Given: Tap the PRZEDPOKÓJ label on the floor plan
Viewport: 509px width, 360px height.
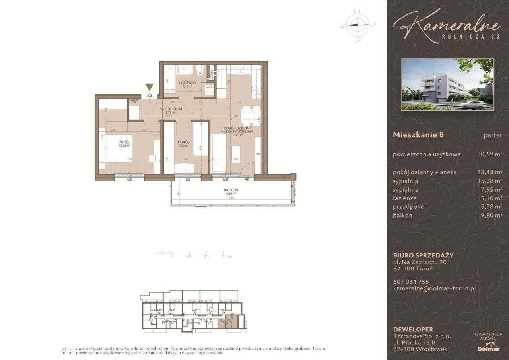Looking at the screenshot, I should [x=170, y=109].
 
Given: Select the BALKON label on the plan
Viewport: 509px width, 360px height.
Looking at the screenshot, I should [x=231, y=190].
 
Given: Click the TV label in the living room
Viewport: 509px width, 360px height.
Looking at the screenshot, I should [x=258, y=154].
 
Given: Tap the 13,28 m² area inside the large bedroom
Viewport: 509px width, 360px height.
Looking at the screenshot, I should [x=125, y=146].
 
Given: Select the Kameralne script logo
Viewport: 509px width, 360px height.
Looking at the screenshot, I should [x=446, y=25].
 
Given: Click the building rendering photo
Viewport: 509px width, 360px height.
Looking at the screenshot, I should [x=448, y=84].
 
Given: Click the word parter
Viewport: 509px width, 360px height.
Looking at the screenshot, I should [x=493, y=135].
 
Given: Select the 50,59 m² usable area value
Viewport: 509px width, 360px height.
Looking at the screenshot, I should [x=490, y=154].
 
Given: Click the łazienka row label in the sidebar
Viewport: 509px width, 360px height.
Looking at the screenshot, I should [x=404, y=198].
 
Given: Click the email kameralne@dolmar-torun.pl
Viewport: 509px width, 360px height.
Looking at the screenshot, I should [x=434, y=288].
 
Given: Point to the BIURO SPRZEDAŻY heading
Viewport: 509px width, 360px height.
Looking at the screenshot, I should [x=423, y=255].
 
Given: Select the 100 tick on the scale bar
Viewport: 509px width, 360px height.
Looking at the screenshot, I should [x=189, y=257].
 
